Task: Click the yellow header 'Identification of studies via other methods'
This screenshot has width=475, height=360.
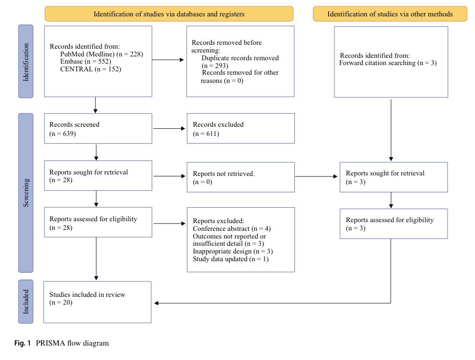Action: coord(390,14)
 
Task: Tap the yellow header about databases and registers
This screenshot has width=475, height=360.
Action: coord(169,14)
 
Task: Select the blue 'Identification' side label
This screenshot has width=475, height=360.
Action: coord(26,62)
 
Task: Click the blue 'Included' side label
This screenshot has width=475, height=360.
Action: coord(26,302)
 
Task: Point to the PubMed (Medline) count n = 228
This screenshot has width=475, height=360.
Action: coord(130,54)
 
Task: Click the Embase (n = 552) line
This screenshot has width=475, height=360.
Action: coord(86,62)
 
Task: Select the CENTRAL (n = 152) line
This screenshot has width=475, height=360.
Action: coord(91,69)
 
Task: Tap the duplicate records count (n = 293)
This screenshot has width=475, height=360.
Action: coord(215,66)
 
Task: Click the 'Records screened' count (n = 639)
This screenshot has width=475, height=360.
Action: coord(63,133)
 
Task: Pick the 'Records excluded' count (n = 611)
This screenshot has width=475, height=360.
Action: coord(206,133)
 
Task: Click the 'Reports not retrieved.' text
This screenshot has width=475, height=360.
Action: coord(224,173)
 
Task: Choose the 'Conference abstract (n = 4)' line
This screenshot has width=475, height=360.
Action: coord(232,228)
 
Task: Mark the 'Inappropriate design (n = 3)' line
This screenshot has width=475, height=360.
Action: coord(233,251)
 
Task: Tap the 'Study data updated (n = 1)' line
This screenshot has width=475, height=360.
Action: coord(231,259)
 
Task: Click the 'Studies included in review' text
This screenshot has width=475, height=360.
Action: coord(87,294)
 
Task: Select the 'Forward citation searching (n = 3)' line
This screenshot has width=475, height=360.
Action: coord(388,63)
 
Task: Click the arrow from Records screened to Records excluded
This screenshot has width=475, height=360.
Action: coord(169,129)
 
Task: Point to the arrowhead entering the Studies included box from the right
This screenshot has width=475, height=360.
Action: coord(156,303)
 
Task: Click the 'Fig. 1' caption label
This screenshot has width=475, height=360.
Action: coord(23,343)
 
